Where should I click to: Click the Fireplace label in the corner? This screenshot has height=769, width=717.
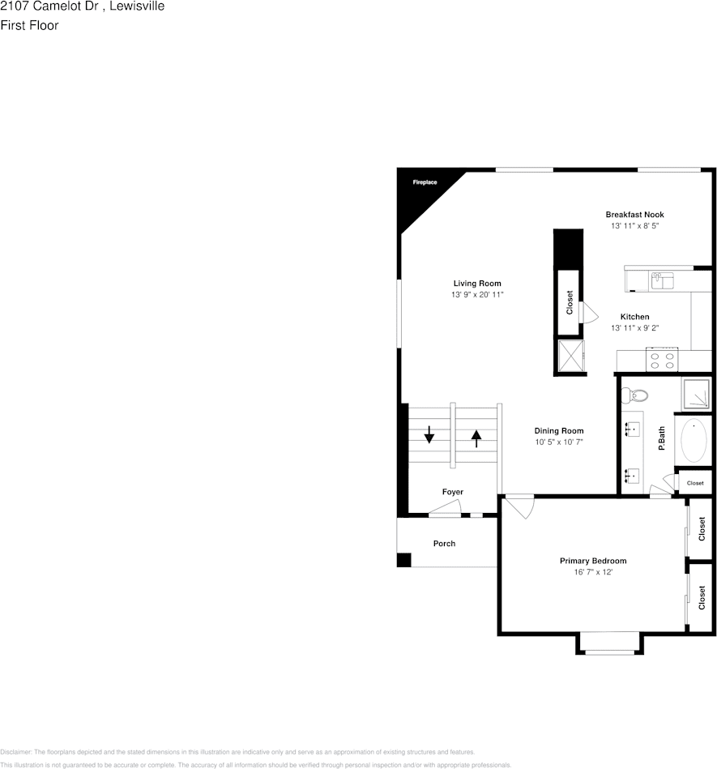click(x=425, y=182)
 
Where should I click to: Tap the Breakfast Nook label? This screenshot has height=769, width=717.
click(x=634, y=215)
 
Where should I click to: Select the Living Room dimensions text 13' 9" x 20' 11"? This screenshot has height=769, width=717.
click(x=477, y=295)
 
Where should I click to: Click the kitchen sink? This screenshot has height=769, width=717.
click(x=662, y=281)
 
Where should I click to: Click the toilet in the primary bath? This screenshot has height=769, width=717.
click(x=634, y=395)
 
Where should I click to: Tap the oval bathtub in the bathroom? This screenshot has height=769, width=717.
click(x=694, y=441)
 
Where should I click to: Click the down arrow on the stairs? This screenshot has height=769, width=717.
click(x=429, y=437)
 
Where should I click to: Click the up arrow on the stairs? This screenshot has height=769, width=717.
click(x=476, y=438)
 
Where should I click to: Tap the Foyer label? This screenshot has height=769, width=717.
click(x=453, y=492)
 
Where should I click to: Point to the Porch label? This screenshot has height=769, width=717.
click(x=444, y=544)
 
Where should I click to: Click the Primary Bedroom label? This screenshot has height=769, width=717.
click(x=593, y=561)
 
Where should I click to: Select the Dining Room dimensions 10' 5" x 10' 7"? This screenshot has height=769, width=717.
click(x=558, y=442)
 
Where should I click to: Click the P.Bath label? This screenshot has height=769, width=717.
click(x=661, y=438)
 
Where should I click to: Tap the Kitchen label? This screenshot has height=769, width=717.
click(x=634, y=317)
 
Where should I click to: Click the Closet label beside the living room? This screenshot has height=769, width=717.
click(x=570, y=303)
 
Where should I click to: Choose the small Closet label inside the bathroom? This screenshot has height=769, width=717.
click(x=695, y=484)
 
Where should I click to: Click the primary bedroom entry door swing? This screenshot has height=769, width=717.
click(x=519, y=507)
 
